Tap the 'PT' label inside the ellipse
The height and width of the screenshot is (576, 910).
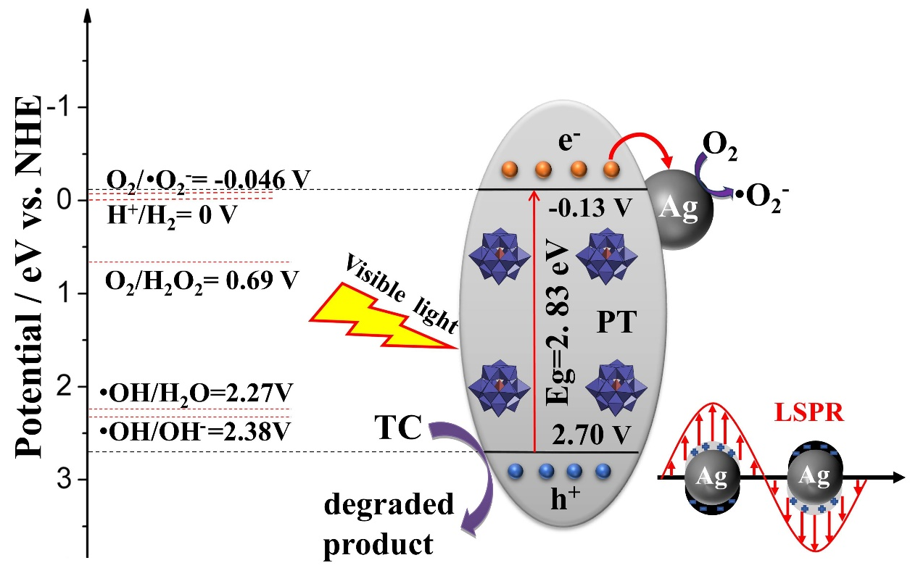(616, 322)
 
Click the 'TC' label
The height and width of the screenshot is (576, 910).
(398, 430)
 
